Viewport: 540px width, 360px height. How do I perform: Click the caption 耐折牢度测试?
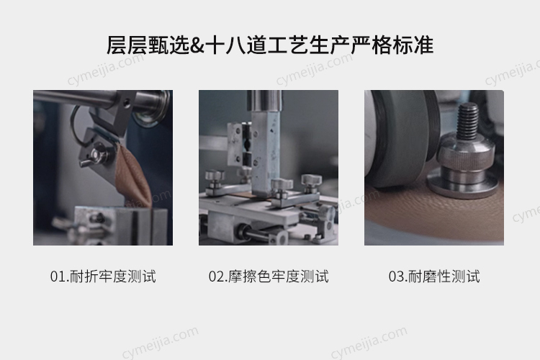tap(113, 276)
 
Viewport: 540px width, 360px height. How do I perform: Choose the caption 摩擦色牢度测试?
tap(278, 276)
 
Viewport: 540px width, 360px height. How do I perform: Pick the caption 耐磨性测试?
tap(444, 276)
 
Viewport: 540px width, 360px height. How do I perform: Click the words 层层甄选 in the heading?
tap(148, 45)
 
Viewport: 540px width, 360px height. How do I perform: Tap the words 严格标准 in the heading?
tap(392, 45)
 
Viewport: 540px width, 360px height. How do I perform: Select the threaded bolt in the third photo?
tap(467, 121)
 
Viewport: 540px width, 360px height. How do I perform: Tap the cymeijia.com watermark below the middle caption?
tap(160, 343)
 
